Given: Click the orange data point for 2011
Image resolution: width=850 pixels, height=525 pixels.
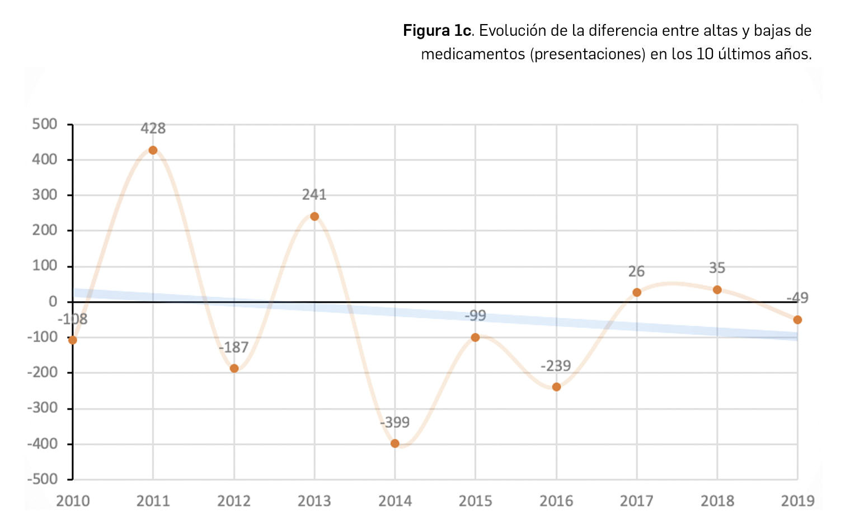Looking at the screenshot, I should pyautogui.click(x=153, y=150).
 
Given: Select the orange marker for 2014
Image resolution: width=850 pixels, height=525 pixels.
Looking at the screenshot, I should pyautogui.click(x=395, y=443).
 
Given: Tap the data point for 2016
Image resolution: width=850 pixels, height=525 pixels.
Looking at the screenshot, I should pyautogui.click(x=556, y=387).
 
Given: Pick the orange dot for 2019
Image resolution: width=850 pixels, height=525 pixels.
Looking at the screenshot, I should pyautogui.click(x=797, y=320).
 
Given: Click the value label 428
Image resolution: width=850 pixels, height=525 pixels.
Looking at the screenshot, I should pyautogui.click(x=153, y=129).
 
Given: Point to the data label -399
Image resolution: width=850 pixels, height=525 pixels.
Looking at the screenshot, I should pyautogui.click(x=395, y=423).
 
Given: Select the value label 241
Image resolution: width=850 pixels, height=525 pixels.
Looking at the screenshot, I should pyautogui.click(x=314, y=195).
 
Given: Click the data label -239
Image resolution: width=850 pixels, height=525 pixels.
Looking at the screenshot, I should pyautogui.click(x=556, y=366).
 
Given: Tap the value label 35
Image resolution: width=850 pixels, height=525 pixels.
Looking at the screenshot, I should pyautogui.click(x=717, y=268).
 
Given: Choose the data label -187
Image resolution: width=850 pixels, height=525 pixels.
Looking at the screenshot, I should pyautogui.click(x=233, y=348).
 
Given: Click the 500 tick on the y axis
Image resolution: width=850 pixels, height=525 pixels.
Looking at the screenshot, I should pyautogui.click(x=45, y=124).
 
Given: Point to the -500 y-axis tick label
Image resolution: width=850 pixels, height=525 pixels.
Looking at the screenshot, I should pyautogui.click(x=42, y=479).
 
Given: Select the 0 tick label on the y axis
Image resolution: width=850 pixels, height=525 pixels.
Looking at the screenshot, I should pyautogui.click(x=53, y=302).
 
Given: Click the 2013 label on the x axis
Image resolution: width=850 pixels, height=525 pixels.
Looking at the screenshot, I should pyautogui.click(x=314, y=500).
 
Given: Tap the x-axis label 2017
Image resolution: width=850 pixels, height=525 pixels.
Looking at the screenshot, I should pyautogui.click(x=636, y=500).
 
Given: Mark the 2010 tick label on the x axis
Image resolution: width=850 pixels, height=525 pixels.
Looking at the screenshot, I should pyautogui.click(x=73, y=500).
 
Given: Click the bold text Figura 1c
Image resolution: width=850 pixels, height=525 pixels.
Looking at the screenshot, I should pyautogui.click(x=436, y=30).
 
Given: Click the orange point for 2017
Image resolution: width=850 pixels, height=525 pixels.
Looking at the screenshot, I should pyautogui.click(x=637, y=292).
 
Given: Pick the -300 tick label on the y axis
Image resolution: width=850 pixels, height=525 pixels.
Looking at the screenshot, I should pyautogui.click(x=42, y=408).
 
